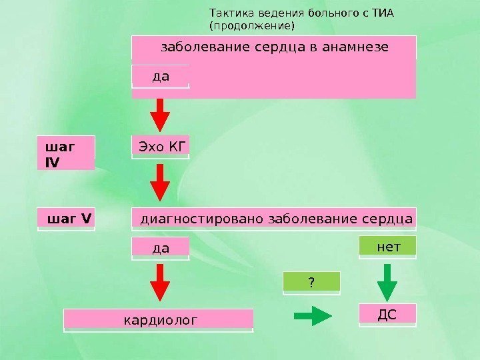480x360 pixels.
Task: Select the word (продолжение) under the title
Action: pyautogui.click(x=251, y=26)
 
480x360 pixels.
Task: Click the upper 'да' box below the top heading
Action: pyautogui.click(x=161, y=76)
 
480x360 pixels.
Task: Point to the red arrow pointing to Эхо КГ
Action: pyautogui.click(x=160, y=115)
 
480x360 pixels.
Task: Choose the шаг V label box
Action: pyautogui.click(x=67, y=218)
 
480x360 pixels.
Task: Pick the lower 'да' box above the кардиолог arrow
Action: pyautogui.click(x=161, y=248)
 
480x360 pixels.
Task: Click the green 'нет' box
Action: pyautogui.click(x=388, y=247)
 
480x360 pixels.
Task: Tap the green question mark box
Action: pyautogui.click(x=311, y=283)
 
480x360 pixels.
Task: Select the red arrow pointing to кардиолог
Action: pyautogui.click(x=160, y=283)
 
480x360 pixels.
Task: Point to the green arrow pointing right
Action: pyautogui.click(x=313, y=316)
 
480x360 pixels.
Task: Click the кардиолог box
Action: pyautogui.click(x=159, y=320)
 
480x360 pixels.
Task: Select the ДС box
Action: pyautogui.click(x=387, y=314)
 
